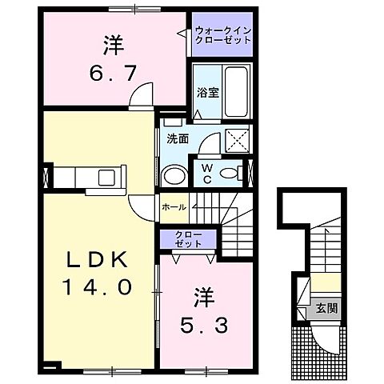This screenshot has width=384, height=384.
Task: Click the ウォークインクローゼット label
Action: click(223, 35)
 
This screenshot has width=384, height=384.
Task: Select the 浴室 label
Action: click(207, 93)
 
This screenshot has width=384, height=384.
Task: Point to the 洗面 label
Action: click(178, 138)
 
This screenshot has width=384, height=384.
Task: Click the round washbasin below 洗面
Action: click(172, 175)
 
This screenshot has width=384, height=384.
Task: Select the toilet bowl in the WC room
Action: click(232, 174)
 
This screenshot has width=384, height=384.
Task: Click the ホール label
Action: click(174, 207)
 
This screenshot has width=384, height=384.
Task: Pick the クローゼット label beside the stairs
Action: click(190, 238)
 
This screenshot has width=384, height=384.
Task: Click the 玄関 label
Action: click(326, 307)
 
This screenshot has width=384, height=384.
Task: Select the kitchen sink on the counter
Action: click(106, 176)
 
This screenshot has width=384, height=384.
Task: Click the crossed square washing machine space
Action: click(237, 142)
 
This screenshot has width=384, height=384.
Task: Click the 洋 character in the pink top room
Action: click(115, 45)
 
